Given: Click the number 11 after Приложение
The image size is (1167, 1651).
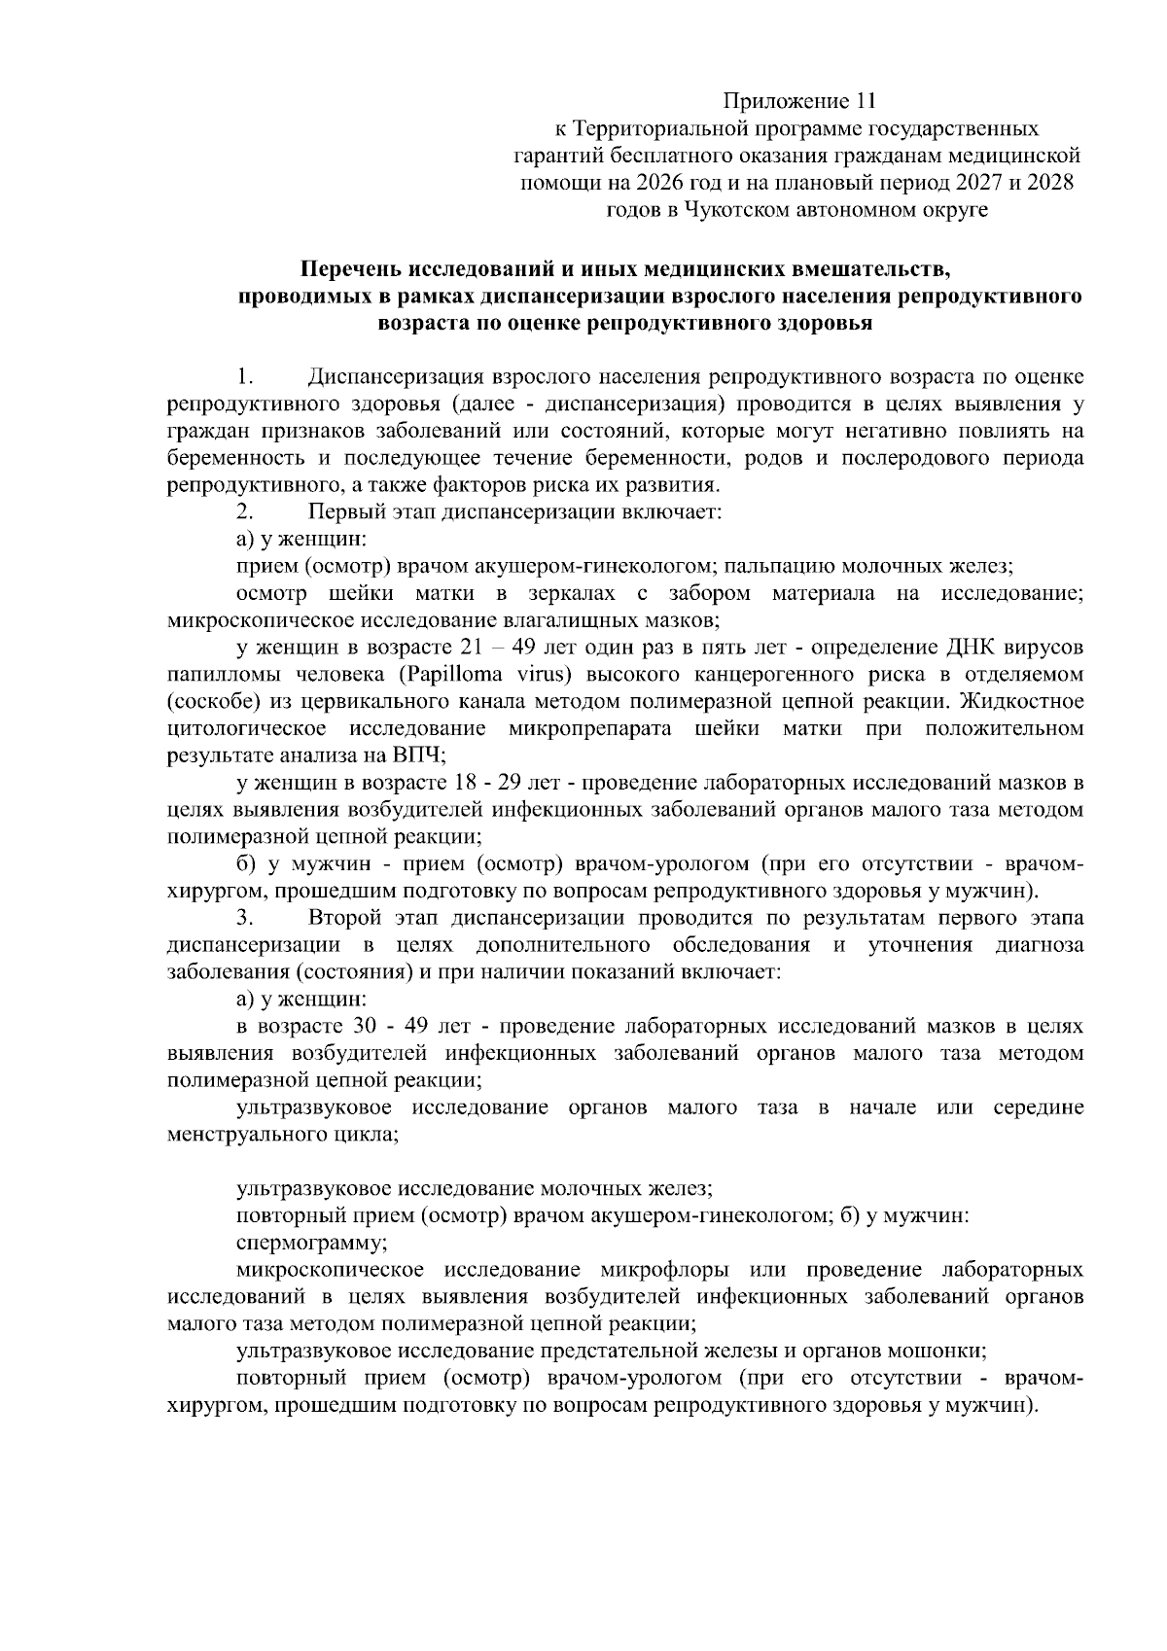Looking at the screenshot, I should pyautogui.click(x=866, y=101).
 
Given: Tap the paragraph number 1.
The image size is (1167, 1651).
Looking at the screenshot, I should pyautogui.click(x=244, y=376).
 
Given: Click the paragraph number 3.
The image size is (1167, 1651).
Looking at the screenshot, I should pyautogui.click(x=244, y=918).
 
